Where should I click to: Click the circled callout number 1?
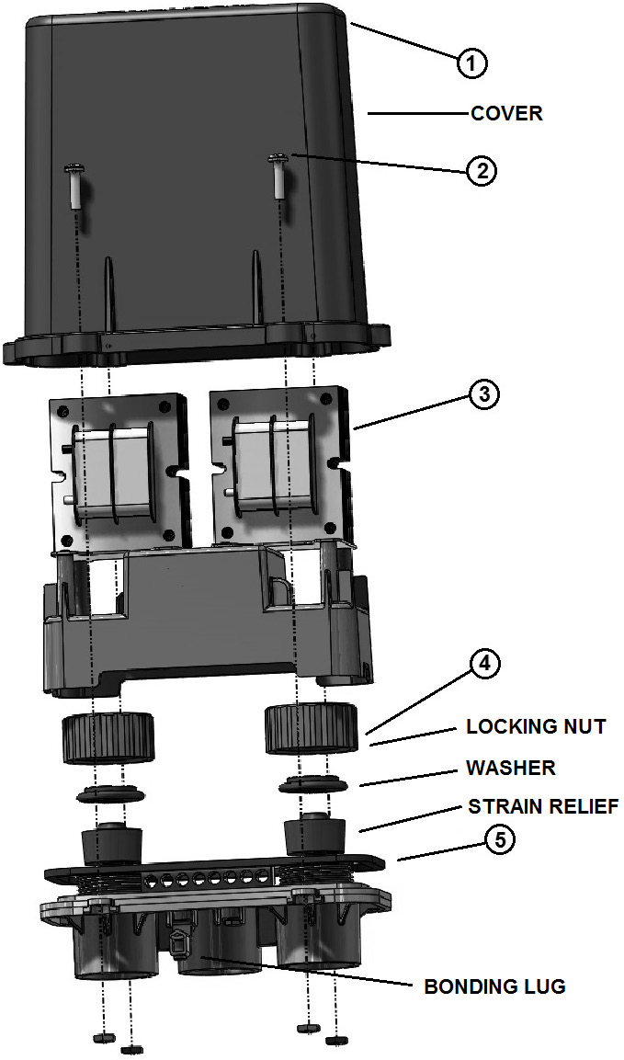point(471,63)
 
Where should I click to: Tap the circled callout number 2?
point(482,171)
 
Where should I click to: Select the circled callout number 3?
point(482,394)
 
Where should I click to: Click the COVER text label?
point(506,114)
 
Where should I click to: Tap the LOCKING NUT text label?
point(536,727)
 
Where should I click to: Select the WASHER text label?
point(511,767)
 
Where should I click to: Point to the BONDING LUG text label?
point(494,987)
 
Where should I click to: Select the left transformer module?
point(118,471)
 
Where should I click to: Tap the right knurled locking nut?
point(312,725)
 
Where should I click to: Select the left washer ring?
point(108,792)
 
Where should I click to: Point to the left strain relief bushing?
point(113,838)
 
